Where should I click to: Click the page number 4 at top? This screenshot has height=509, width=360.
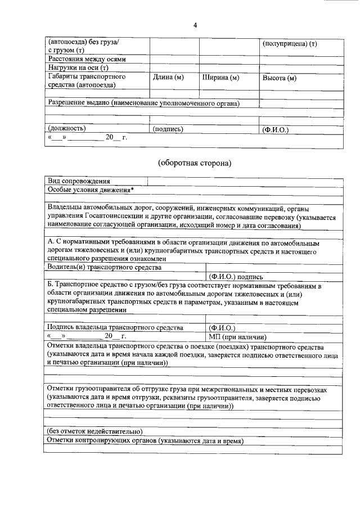[x=195, y=25]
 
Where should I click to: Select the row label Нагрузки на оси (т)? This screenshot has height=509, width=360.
[x=78, y=67]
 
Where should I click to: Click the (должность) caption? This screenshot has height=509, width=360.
[x=67, y=129]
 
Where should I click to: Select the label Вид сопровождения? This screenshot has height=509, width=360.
[x=79, y=181]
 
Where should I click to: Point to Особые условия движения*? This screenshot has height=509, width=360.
[x=91, y=190]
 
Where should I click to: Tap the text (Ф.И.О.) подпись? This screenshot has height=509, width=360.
[x=236, y=276]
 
